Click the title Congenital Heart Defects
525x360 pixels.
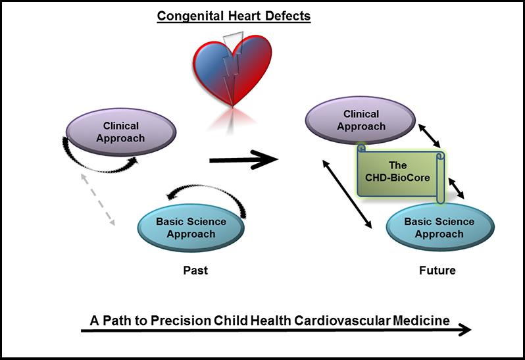tap(234, 14)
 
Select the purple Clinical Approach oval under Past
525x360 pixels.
tap(120, 132)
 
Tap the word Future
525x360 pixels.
tap(437, 270)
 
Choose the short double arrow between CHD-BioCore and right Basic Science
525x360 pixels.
tap(458, 188)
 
